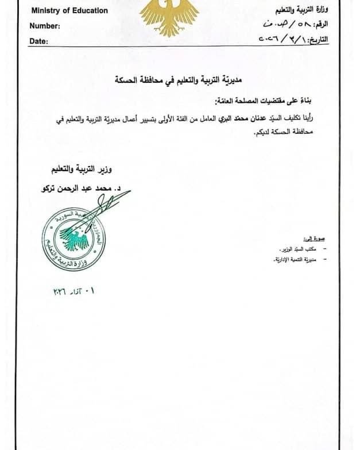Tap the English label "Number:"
pyautogui.click(x=45, y=26)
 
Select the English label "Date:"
pyautogui.click(x=39, y=41)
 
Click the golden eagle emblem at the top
pyautogui.click(x=170, y=16)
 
